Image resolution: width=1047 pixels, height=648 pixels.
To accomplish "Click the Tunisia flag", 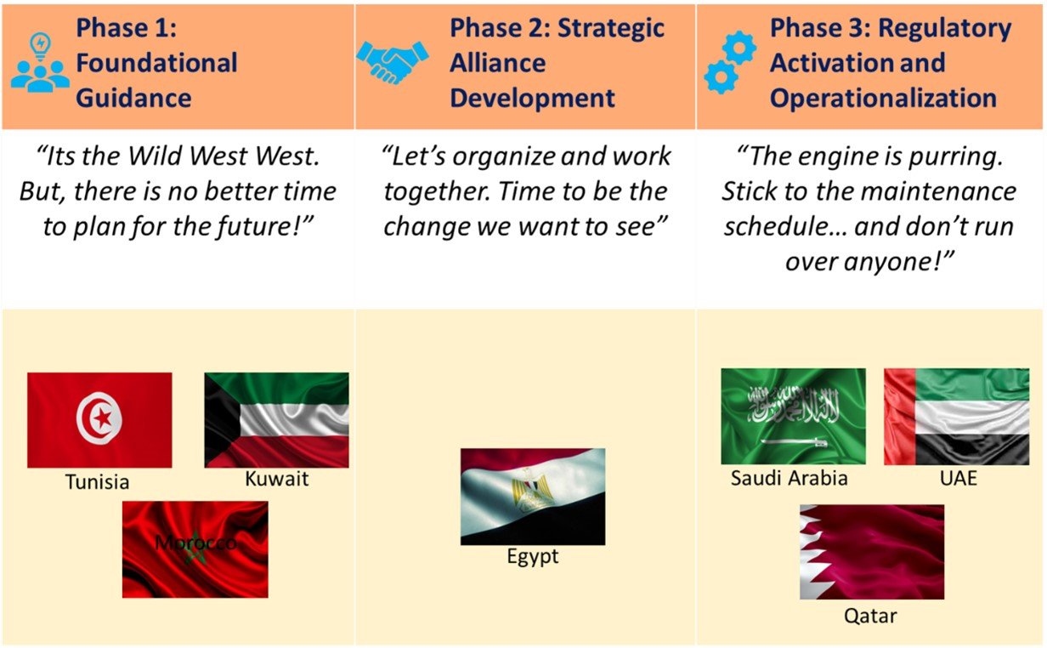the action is [x=99, y=420].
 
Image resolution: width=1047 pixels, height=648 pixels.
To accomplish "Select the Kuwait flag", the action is [x=277, y=420].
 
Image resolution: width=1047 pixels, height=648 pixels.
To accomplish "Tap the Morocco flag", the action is [x=195, y=549].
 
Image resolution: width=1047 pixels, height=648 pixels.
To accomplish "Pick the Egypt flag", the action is [x=533, y=497].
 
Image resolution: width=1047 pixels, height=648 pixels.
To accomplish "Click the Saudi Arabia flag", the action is [x=793, y=416].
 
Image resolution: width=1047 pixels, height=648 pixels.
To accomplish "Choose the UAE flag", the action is [x=956, y=417].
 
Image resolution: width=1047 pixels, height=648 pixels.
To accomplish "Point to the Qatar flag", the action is [x=872, y=552].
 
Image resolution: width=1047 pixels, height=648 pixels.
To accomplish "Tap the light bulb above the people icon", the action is [x=41, y=46].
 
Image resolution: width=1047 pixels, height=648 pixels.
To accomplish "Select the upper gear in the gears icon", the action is [x=739, y=48].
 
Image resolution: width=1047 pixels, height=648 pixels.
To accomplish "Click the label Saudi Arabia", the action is [x=789, y=478].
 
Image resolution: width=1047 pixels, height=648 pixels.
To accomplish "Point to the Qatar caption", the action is [x=870, y=617].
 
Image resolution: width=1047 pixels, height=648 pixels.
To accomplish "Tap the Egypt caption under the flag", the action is [x=533, y=557].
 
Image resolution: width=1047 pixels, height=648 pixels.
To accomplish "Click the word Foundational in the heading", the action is [x=156, y=63].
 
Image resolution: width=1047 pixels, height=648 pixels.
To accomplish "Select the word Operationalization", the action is [x=884, y=99].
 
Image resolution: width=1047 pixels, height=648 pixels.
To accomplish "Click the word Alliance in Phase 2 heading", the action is [x=498, y=63].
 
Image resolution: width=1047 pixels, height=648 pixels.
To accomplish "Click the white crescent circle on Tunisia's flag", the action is [x=99, y=418].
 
